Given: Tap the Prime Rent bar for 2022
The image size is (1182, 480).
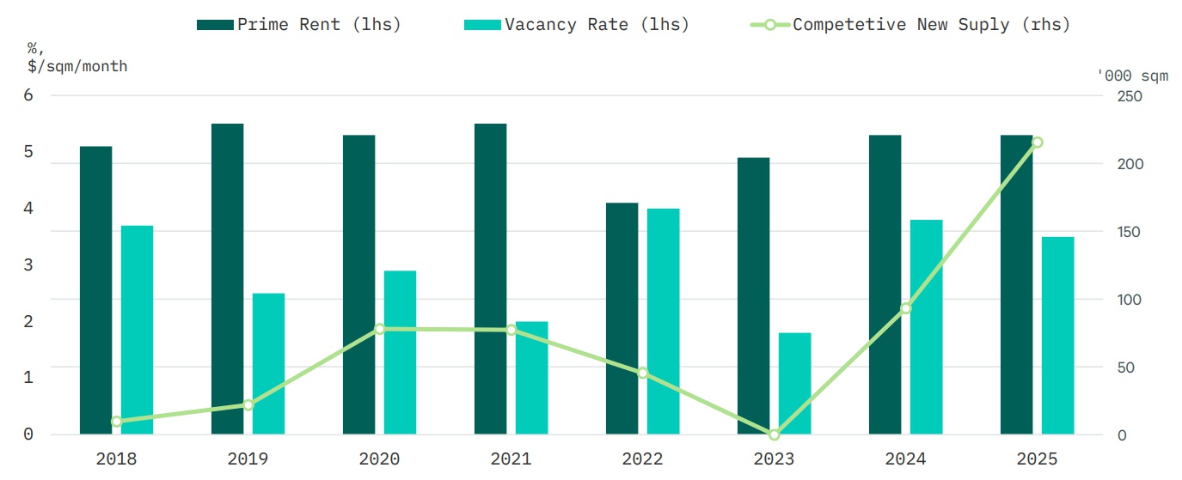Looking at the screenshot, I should (622, 319).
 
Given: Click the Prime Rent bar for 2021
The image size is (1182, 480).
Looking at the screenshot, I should (490, 279).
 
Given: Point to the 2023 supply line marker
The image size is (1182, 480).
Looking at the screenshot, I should (774, 434).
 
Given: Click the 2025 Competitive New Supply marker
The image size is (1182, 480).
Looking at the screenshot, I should (1037, 142).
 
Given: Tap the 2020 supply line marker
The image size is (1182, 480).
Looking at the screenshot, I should (379, 329).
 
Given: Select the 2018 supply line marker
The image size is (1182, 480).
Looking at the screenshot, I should (116, 422).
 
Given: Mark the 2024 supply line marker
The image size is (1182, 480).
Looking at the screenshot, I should (905, 307).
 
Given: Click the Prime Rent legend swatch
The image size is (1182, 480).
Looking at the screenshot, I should (215, 25).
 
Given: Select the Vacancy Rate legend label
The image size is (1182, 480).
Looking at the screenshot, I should (597, 25).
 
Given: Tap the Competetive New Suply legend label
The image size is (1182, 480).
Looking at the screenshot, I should (932, 25).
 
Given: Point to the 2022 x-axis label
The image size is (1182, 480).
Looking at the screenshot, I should (642, 459).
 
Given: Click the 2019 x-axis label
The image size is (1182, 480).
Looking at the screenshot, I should (248, 459).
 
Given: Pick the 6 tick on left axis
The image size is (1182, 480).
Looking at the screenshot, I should (28, 95).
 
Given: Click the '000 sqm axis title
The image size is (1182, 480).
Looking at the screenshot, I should (1133, 76).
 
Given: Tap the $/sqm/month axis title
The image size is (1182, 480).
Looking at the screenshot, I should (77, 66).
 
